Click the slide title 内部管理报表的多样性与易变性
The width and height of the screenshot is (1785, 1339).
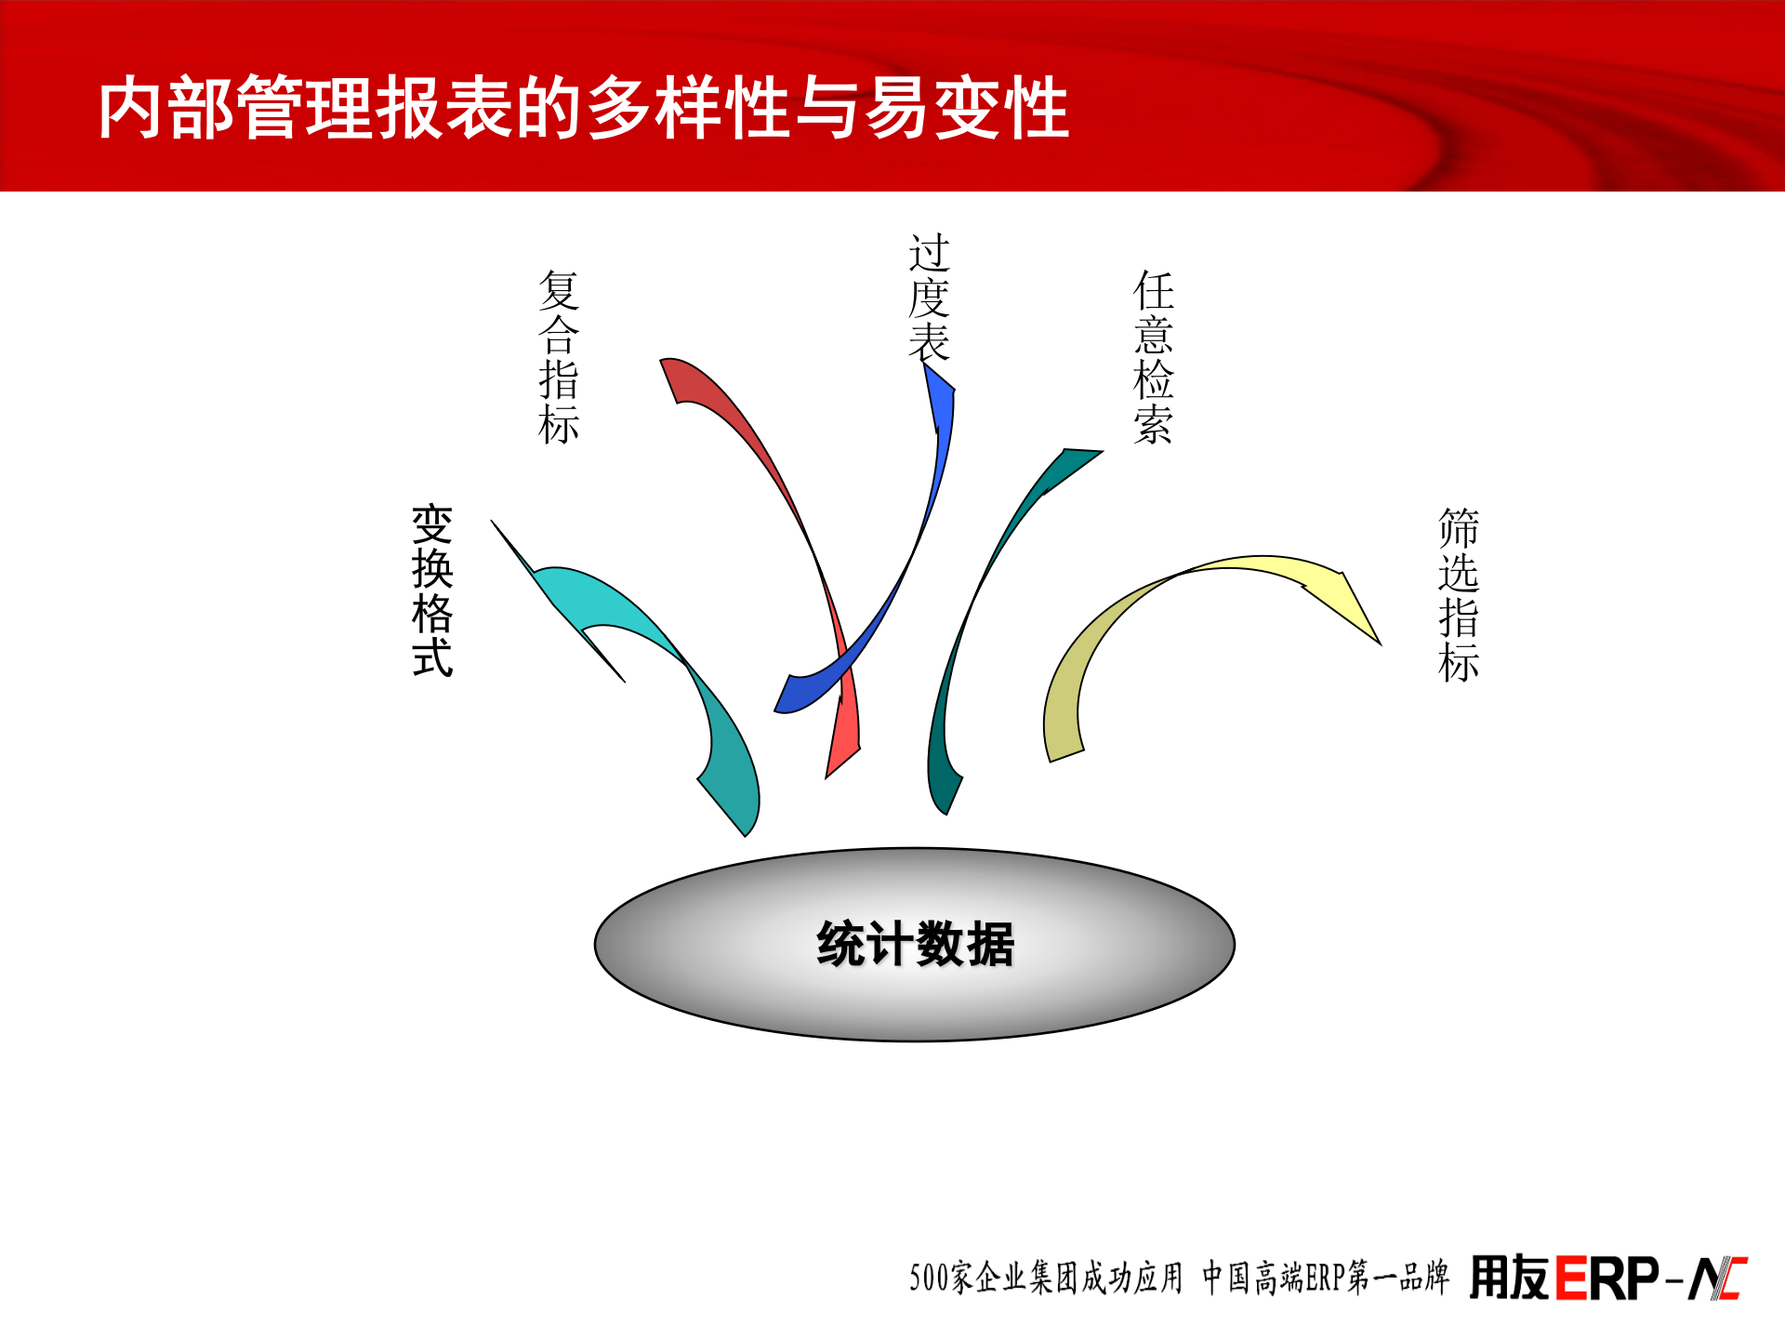(584, 108)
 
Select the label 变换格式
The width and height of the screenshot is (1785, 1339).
(432, 590)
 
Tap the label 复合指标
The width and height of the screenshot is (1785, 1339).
(559, 357)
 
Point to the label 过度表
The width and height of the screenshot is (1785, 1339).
(929, 298)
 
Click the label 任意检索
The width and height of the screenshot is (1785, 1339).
(1154, 357)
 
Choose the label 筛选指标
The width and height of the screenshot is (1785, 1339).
(1458, 595)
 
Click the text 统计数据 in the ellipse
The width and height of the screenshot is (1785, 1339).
(915, 944)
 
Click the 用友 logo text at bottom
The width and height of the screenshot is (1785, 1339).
(1508, 1278)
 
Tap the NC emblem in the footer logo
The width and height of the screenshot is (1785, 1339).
(1717, 1279)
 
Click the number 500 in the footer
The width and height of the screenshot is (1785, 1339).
(929, 1279)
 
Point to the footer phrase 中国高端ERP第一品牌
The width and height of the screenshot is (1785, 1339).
(1325, 1278)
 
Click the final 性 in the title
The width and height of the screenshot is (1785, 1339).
(1035, 108)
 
